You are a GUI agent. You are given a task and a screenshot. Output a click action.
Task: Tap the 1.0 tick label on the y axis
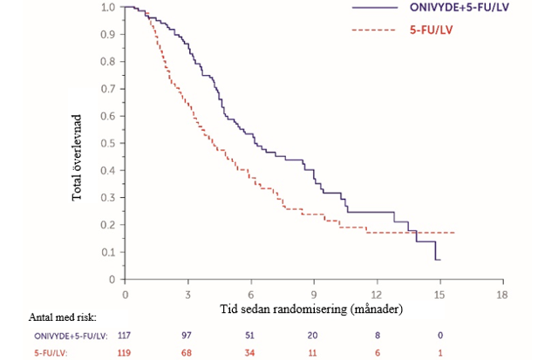[x=108, y=7]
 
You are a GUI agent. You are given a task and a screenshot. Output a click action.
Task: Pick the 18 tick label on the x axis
[x=501, y=295]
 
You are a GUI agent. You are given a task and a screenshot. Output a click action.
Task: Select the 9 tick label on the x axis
[x=314, y=295]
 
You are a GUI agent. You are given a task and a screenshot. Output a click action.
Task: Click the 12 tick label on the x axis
[x=377, y=295]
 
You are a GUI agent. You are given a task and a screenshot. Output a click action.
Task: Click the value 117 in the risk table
[x=126, y=335]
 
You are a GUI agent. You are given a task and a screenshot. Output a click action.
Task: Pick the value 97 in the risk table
[x=188, y=335]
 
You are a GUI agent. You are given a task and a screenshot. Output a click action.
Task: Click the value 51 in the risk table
[x=251, y=335]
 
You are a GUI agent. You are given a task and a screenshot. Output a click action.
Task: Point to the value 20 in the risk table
[x=314, y=335]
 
